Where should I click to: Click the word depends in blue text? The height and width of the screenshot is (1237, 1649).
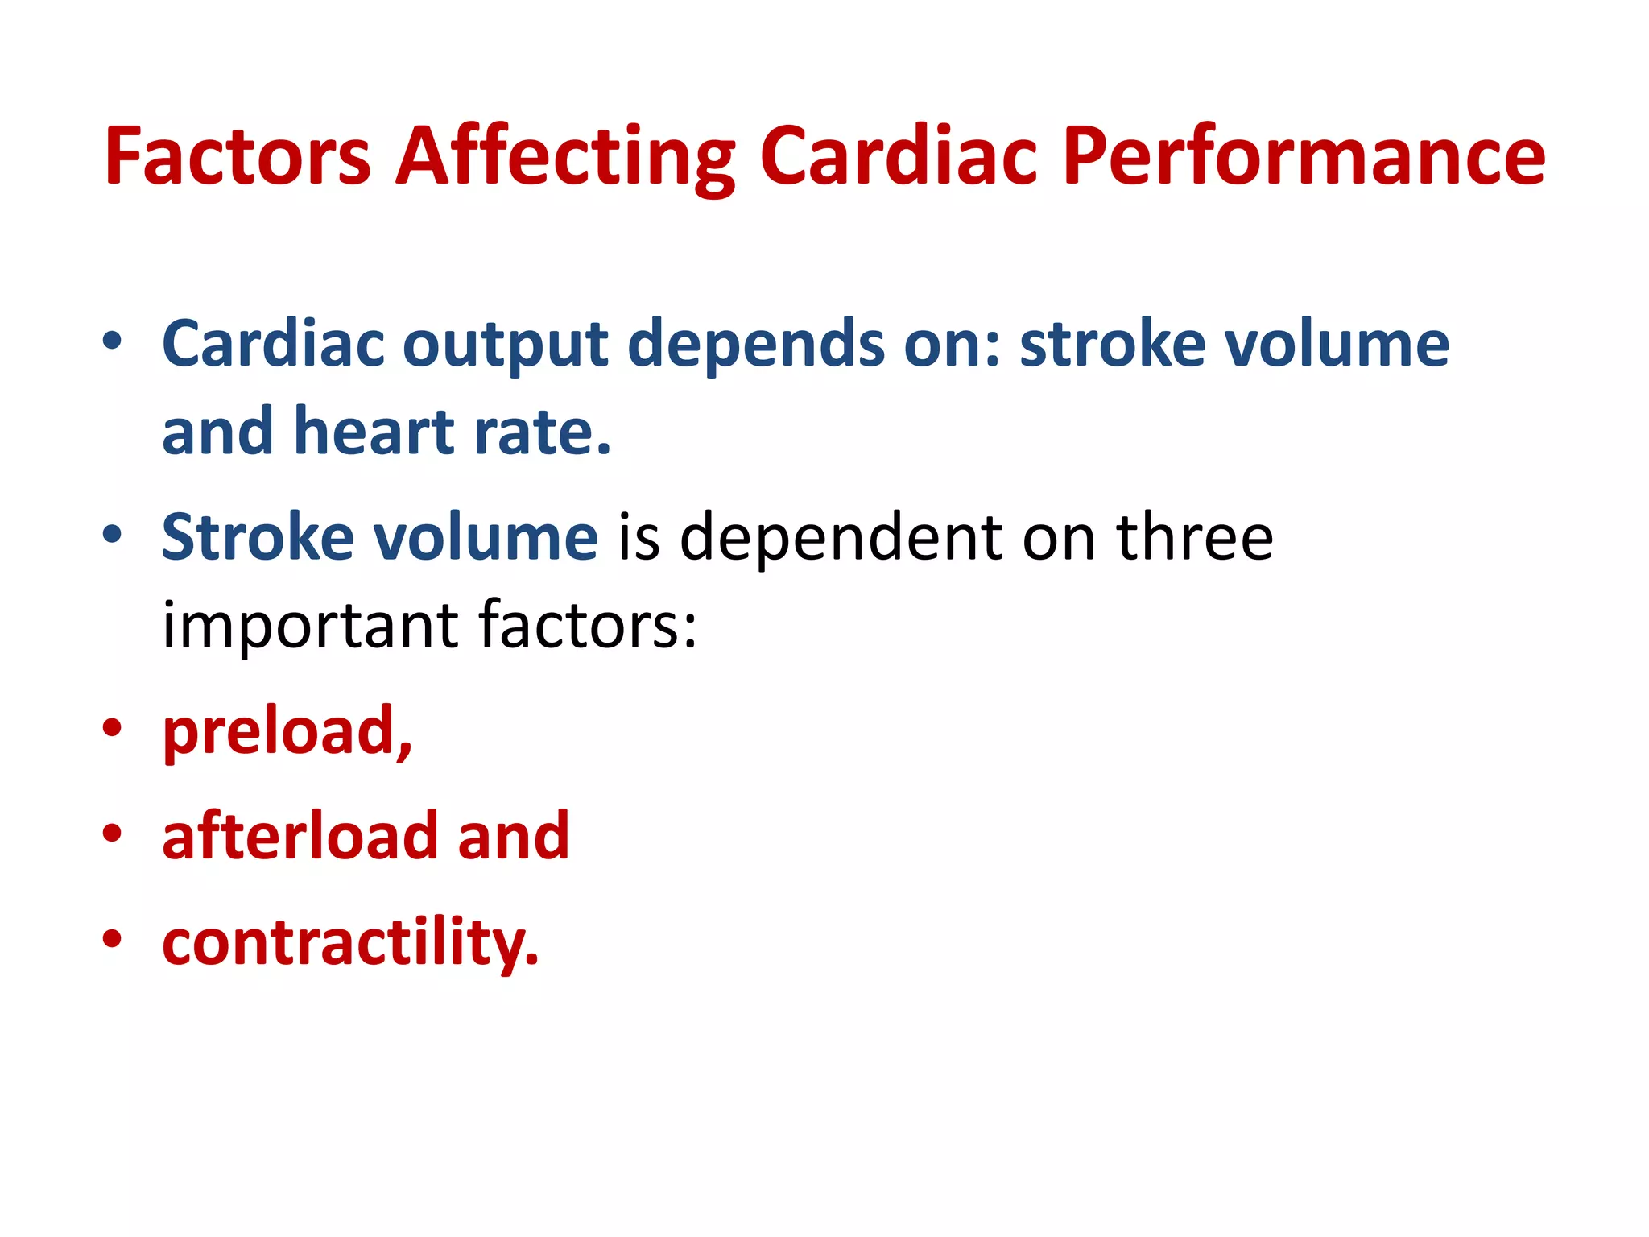tap(755, 344)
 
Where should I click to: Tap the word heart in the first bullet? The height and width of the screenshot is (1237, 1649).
tap(374, 432)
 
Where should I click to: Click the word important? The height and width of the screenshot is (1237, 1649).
tap(311, 626)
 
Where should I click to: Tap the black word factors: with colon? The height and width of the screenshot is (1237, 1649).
tap(588, 626)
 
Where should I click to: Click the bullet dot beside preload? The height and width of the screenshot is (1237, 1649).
tap(112, 728)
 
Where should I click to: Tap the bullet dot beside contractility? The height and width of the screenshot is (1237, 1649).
tap(112, 938)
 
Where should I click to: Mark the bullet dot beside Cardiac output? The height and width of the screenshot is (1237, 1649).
tap(112, 341)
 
